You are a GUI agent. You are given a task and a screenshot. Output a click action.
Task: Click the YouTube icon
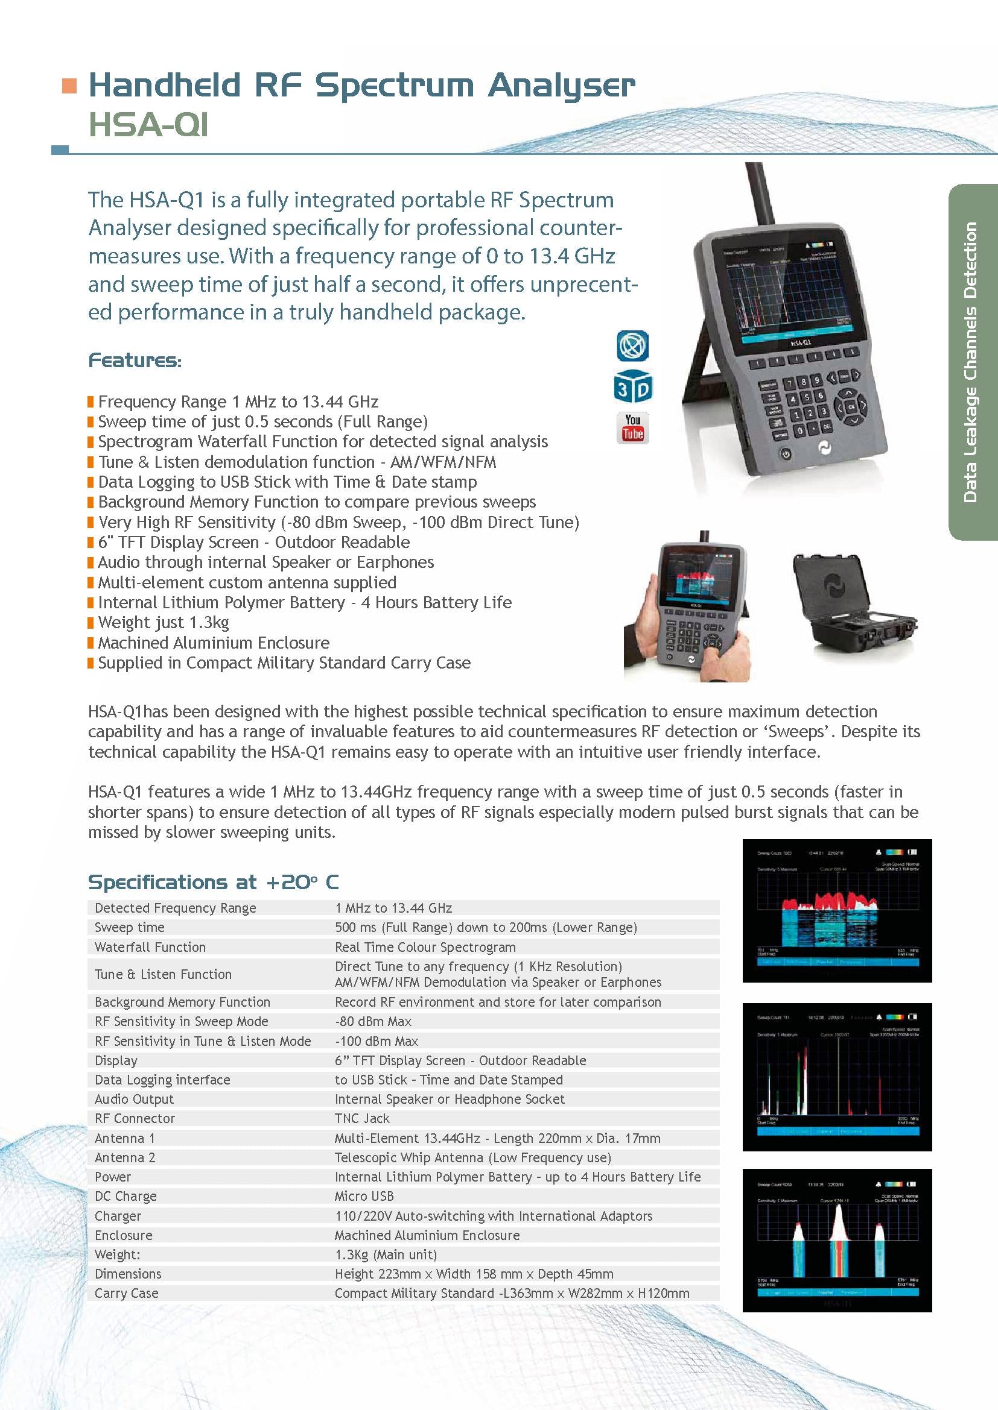[x=632, y=427]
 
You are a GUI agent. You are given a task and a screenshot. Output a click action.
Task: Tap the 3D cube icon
[x=632, y=387]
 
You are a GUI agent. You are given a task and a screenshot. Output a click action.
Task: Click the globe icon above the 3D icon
[x=632, y=346]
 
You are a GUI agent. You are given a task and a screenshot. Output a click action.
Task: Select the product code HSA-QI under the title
[x=148, y=125]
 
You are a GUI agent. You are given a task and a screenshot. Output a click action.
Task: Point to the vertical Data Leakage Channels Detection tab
[x=971, y=362]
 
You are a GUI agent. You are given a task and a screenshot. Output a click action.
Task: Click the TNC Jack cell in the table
[x=362, y=1118]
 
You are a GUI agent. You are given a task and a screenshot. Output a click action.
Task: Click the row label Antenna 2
[x=125, y=1157]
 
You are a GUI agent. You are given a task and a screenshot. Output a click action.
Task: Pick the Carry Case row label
[x=126, y=1292]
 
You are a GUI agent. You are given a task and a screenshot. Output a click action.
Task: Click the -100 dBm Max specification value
[x=376, y=1041]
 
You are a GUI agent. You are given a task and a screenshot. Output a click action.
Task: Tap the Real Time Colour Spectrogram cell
[x=425, y=946]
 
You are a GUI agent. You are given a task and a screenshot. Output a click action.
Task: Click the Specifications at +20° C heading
[x=212, y=882]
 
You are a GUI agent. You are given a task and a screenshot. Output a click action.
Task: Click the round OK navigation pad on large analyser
[x=851, y=406]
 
